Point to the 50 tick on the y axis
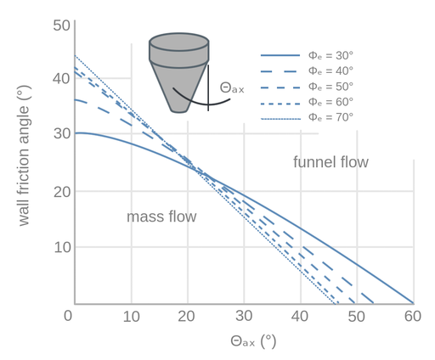point(61,25)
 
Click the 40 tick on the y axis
point(61,78)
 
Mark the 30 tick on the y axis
point(62,133)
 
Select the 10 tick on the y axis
point(62,247)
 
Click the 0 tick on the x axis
point(68,316)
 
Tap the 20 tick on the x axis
point(186,316)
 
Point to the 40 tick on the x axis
point(300,316)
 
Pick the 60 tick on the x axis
point(413,316)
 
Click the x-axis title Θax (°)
point(253,341)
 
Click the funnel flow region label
point(330,162)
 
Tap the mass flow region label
point(161,217)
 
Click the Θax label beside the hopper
point(232,88)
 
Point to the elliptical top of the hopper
point(179,42)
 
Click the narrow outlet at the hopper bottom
point(179,110)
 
